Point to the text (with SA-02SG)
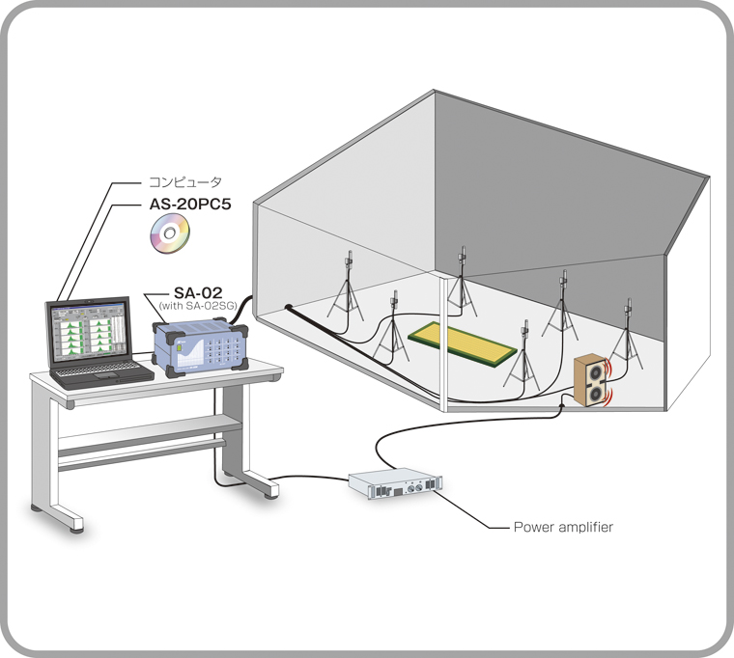click(199, 306)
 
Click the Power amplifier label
click(563, 527)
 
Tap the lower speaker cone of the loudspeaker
click(596, 394)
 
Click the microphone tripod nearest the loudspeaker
click(630, 334)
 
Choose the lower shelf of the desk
click(145, 428)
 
